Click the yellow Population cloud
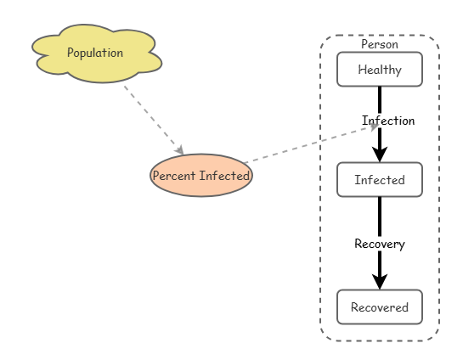pos(97,53)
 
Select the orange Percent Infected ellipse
pos(201,175)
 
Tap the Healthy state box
pos(380,70)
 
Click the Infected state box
pos(380,179)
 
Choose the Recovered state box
pos(380,307)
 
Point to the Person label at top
pos(380,44)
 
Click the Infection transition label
pos(388,121)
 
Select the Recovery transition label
pos(380,244)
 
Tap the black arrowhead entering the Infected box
pos(380,154)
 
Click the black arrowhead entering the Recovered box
pos(380,282)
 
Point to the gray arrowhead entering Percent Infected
pos(179,149)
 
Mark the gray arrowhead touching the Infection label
pos(374,127)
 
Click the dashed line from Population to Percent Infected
pos(154,120)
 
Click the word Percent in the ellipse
pos(174,176)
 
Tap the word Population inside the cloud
pos(95,53)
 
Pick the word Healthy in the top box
pos(380,70)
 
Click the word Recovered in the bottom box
pos(380,307)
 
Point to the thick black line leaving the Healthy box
pos(380,124)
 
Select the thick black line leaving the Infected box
pos(380,243)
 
